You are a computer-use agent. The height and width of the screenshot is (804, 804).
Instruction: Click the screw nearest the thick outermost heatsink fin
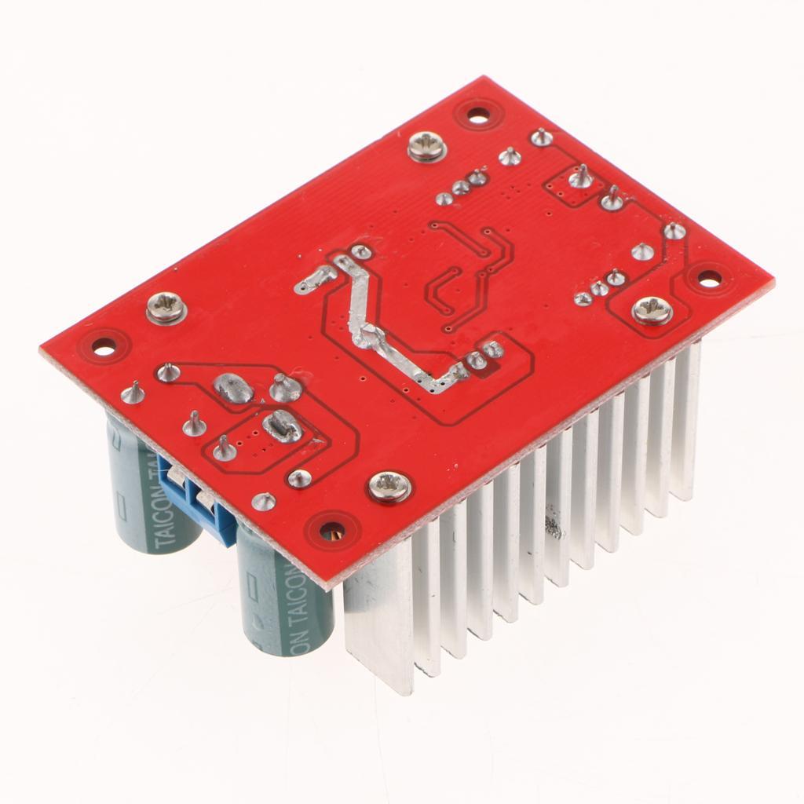coord(389,487)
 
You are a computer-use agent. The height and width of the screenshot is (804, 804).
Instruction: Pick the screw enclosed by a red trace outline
coord(652,310)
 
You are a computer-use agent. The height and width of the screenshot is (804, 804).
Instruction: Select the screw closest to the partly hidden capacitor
coord(166,307)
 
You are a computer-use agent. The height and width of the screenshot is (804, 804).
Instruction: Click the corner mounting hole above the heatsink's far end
coord(709,277)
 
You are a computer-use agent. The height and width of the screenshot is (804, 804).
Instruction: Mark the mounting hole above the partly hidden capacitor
coord(104,345)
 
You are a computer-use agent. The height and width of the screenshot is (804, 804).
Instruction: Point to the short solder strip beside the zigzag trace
coord(315,279)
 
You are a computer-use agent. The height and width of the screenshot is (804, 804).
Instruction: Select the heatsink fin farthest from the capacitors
coord(686,424)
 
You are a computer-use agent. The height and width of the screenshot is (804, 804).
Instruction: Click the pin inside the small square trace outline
coord(580,179)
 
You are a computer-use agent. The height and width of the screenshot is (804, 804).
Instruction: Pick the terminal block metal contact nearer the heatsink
coord(206,502)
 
